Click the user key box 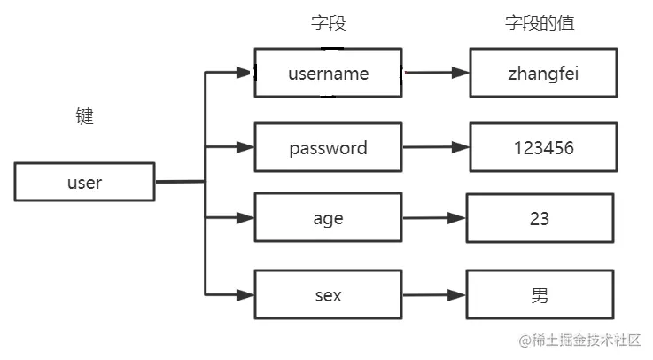(x=85, y=182)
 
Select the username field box (x=328, y=73)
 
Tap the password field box (x=328, y=147)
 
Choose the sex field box (x=328, y=295)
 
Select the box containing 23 (x=540, y=217)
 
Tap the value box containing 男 (x=540, y=295)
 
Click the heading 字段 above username (x=329, y=24)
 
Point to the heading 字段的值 (x=540, y=24)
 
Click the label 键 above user (x=85, y=116)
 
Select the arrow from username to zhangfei (x=435, y=73)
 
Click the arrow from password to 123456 (x=435, y=147)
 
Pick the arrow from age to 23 (x=433, y=217)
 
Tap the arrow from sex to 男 (x=433, y=295)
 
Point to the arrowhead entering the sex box (x=245, y=294)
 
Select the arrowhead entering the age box (x=245, y=216)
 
